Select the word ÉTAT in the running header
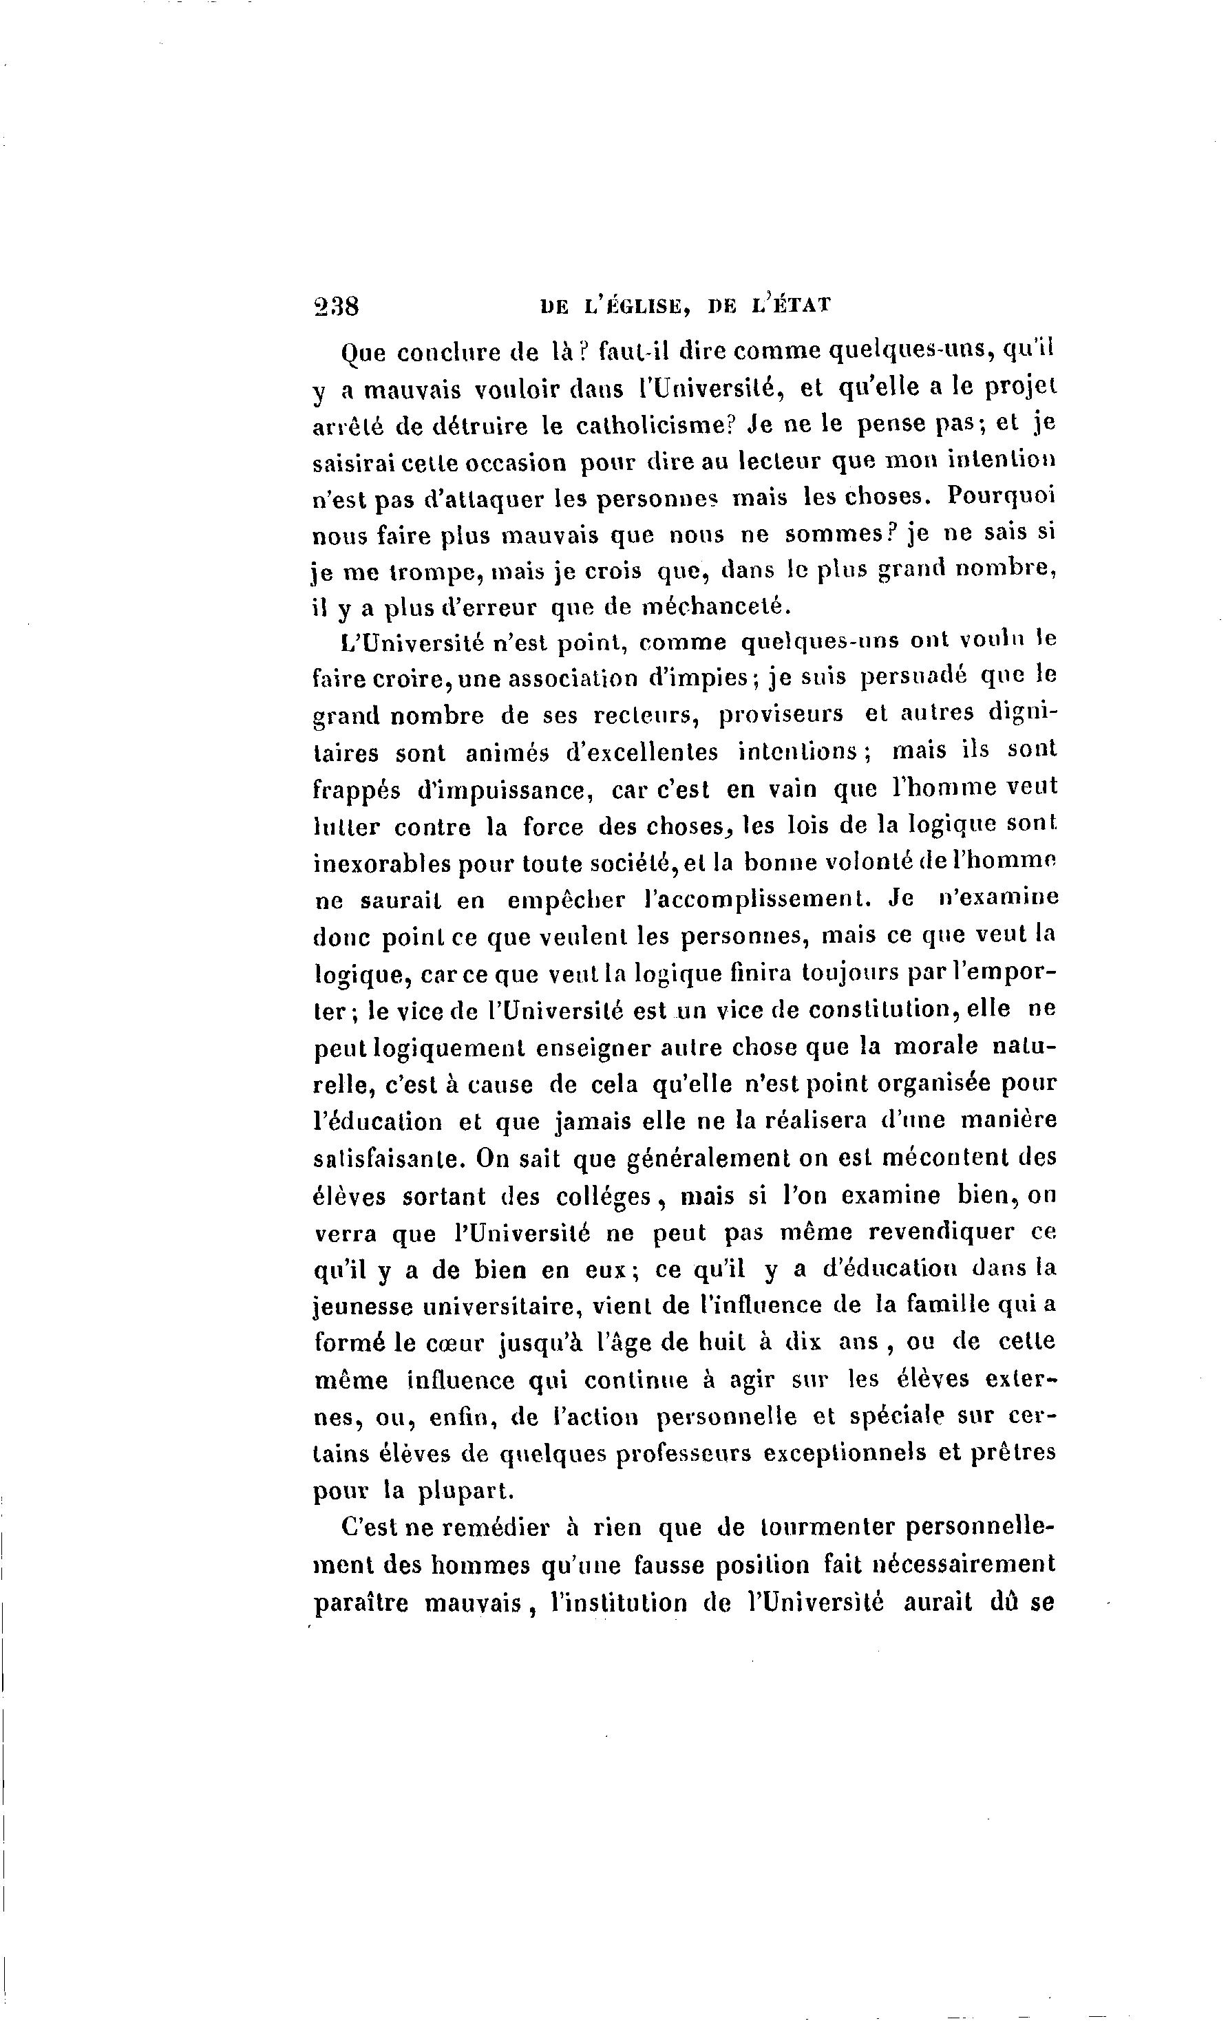pyautogui.click(x=800, y=306)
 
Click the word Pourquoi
pyautogui.click(x=1000, y=498)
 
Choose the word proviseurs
pyautogui.click(x=781, y=714)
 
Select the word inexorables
pyautogui.click(x=380, y=864)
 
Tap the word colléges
pyautogui.click(x=605, y=1197)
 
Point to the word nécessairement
pyautogui.click(x=962, y=1565)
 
